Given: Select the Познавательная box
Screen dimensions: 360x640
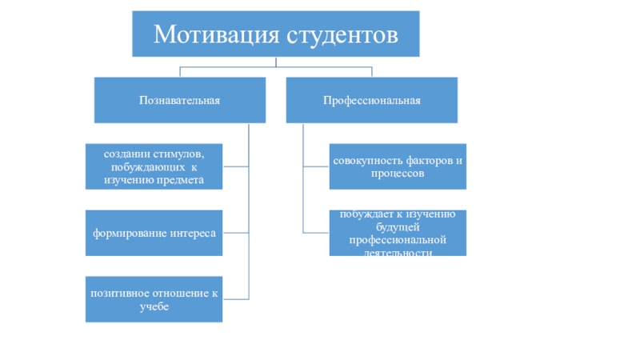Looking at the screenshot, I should pos(179,100).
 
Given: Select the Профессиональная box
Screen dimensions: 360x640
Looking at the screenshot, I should pos(372,100).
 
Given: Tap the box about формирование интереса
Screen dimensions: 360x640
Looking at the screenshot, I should pos(154,234).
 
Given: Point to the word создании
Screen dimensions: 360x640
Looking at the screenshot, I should pos(119,152).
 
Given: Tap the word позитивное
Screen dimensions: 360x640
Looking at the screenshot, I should pos(120,293).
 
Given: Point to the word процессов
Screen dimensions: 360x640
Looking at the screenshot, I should pos(397,174).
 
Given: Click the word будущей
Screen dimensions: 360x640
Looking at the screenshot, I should pos(397,226).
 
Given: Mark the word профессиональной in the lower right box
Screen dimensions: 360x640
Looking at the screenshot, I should pos(397,240).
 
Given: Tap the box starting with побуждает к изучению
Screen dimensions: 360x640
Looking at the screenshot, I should pos(397,233).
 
